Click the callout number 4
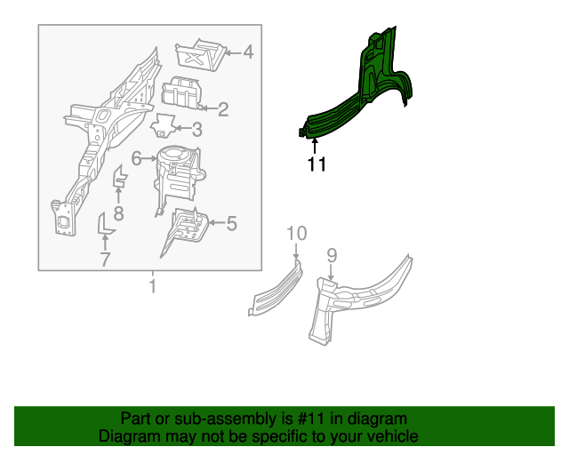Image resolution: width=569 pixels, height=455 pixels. [248, 52]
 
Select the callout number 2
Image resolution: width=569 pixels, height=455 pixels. [223, 109]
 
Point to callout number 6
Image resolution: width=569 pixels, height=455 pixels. [137, 159]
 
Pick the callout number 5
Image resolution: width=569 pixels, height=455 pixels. [231, 224]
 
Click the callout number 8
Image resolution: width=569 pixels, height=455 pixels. [118, 212]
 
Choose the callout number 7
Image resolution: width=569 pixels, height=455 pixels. [104, 259]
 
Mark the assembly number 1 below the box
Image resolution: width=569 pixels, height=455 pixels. [151, 287]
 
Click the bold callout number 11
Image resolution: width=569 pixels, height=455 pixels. [317, 164]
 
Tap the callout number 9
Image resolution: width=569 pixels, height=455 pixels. [332, 256]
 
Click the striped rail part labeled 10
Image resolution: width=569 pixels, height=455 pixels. [276, 286]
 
